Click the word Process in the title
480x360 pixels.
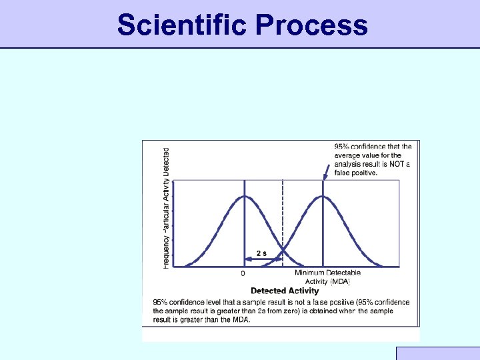311,25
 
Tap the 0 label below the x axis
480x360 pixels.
243,273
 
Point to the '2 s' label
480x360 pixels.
261,253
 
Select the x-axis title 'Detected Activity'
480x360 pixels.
285,291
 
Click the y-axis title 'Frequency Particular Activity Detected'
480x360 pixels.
166,209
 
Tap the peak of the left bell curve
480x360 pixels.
244,196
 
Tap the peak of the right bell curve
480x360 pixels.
323,196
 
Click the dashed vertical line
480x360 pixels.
283,220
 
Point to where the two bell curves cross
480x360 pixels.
283,251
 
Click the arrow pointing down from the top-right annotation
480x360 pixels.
325,173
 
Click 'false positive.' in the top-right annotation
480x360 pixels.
356,173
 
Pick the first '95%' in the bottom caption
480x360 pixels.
161,303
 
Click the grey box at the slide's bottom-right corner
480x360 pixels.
437,353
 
